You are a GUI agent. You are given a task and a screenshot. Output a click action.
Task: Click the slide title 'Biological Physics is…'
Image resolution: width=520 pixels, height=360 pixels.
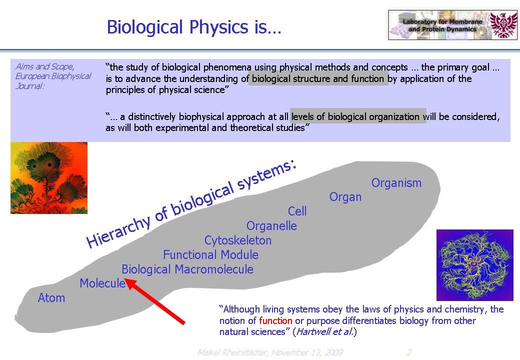[194, 27]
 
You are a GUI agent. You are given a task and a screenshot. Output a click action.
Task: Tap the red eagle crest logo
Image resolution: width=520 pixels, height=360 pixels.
[503, 25]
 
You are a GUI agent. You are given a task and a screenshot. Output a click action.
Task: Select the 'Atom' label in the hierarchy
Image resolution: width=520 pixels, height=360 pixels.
[51, 297]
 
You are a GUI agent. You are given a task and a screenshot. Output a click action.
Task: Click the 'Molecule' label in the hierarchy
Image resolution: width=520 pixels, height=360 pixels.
[102, 283]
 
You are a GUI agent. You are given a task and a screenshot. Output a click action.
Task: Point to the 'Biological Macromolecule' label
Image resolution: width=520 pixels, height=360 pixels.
[187, 269]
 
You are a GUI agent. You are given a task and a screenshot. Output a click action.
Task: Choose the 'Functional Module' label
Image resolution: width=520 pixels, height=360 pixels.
[210, 254]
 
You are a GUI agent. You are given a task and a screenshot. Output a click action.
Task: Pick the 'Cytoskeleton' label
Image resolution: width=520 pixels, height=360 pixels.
[238, 240]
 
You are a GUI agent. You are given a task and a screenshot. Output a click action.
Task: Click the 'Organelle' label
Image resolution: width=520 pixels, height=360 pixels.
[271, 225]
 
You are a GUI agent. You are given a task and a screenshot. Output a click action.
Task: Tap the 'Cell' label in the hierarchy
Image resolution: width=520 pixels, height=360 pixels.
[297, 211]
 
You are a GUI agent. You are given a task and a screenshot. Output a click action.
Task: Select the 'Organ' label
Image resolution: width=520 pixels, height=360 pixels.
[345, 197]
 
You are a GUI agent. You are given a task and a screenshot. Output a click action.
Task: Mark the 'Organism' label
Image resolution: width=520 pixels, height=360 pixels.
[396, 182]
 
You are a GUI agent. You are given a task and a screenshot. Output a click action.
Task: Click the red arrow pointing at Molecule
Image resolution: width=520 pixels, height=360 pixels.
[154, 301]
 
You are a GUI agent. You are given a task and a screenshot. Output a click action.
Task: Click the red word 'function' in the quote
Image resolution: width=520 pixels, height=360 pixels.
[275, 320]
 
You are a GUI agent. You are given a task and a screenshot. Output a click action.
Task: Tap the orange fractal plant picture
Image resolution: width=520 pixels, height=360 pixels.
[49, 178]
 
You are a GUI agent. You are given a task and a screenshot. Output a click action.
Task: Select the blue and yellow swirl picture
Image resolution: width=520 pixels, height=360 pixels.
[475, 265]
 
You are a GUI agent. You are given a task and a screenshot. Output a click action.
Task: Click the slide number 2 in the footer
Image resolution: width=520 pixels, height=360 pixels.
[409, 352]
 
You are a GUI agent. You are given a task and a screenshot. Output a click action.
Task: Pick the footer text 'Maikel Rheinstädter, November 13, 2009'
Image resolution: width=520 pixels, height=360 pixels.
[270, 352]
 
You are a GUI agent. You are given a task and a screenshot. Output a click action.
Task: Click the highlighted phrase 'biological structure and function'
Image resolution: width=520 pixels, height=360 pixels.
[318, 78]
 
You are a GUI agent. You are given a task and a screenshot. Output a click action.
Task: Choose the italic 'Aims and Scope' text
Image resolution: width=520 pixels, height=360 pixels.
[45, 66]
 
